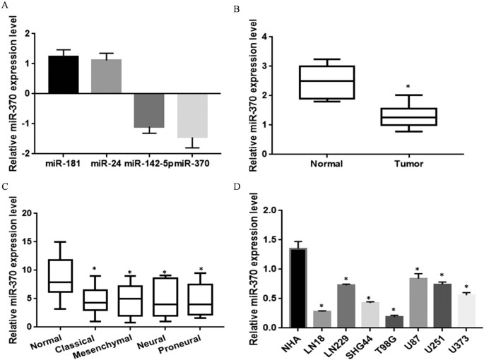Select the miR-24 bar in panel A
[x=108, y=76]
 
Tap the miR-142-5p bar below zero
[x=150, y=110]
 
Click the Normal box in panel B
[x=326, y=82]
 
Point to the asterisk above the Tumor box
[x=408, y=88]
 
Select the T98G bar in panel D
[x=379, y=321]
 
